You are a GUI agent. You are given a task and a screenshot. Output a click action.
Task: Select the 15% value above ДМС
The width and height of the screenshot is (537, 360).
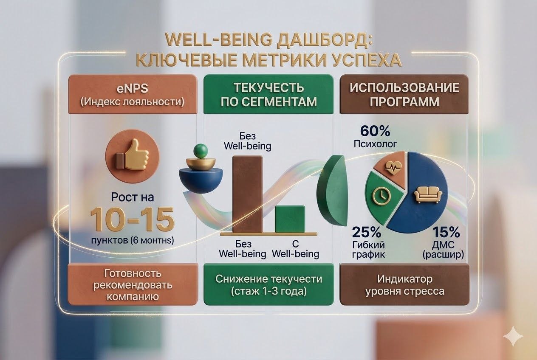coord(447,233)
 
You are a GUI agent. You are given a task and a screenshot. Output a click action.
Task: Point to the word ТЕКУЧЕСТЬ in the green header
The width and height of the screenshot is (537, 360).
coord(268,88)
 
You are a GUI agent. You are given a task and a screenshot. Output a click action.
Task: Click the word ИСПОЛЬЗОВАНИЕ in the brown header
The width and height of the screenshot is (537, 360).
coord(404,88)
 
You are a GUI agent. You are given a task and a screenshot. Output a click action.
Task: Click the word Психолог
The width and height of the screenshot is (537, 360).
coord(376,144)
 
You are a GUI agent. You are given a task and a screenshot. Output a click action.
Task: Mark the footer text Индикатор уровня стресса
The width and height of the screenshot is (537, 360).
coord(404,285)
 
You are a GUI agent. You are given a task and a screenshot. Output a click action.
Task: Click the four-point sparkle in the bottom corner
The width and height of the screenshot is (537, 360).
coord(513,336)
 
